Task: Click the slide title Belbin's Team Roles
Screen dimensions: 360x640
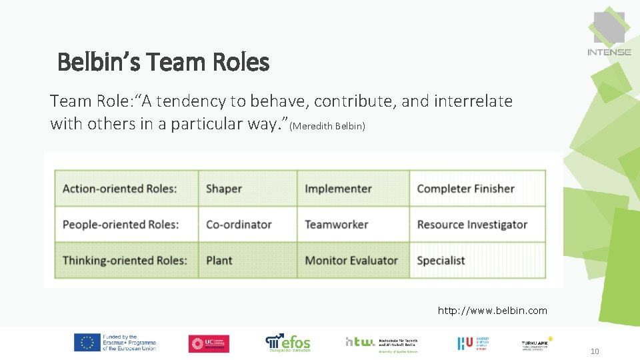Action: [163, 63]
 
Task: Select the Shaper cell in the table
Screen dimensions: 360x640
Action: [224, 189]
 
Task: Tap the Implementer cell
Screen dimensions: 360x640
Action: [338, 189]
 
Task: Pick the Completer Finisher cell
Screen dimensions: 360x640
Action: [465, 189]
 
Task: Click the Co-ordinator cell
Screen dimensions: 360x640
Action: [239, 225]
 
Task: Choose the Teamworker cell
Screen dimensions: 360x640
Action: [336, 225]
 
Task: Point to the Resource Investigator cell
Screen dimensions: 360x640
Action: [472, 225]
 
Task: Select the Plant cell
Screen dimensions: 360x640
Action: [219, 261]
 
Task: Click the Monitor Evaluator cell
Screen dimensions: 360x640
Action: [351, 261]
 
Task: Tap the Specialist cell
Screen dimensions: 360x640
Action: [441, 261]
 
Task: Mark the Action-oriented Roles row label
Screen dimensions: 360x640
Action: [120, 189]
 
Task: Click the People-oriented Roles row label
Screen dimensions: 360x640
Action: [121, 225]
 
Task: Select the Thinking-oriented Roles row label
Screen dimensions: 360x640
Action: [125, 261]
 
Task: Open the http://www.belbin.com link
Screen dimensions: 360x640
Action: [492, 311]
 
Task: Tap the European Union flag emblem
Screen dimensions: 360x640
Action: [87, 343]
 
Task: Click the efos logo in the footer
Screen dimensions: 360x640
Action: [288, 342]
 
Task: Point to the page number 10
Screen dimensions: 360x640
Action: [595, 351]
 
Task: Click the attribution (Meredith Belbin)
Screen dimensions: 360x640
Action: [327, 126]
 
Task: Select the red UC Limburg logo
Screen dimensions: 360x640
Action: [209, 343]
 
